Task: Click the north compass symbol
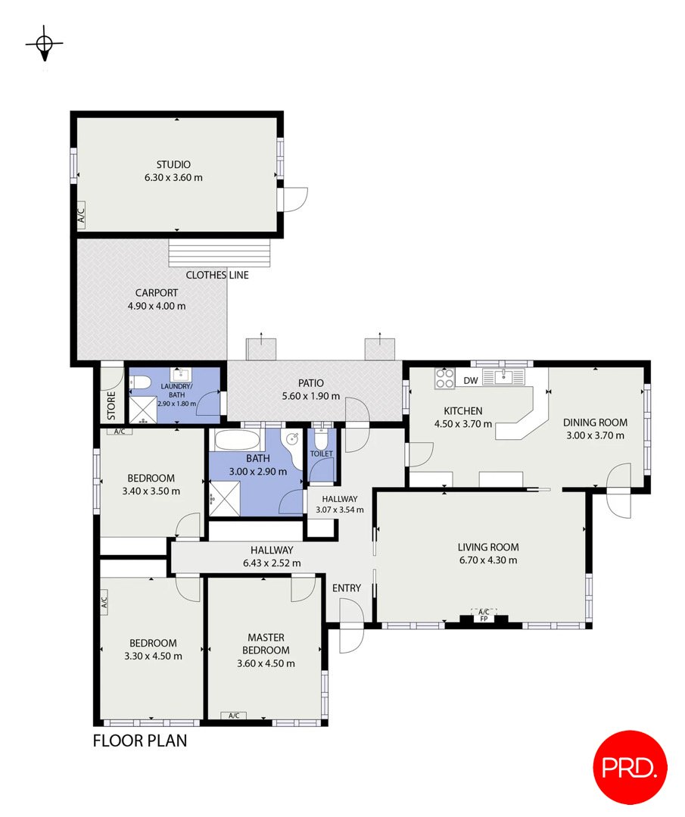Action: coord(45,45)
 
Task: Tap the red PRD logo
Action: coord(630,768)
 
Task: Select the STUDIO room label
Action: coord(173,164)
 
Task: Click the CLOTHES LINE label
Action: coord(217,275)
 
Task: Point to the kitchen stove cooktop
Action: coord(444,379)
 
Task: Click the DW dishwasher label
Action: coord(470,380)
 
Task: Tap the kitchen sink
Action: coord(503,376)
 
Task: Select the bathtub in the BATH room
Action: coord(236,441)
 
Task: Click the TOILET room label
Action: coord(322,454)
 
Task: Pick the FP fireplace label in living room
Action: coord(483,619)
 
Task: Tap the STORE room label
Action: coord(111,406)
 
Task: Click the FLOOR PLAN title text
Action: coord(139,741)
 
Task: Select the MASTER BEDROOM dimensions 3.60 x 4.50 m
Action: coord(266,663)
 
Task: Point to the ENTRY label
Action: coord(347,588)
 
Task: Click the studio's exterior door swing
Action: coord(294,198)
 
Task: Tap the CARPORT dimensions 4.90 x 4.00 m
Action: coord(157,306)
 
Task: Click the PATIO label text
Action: coord(311,383)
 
